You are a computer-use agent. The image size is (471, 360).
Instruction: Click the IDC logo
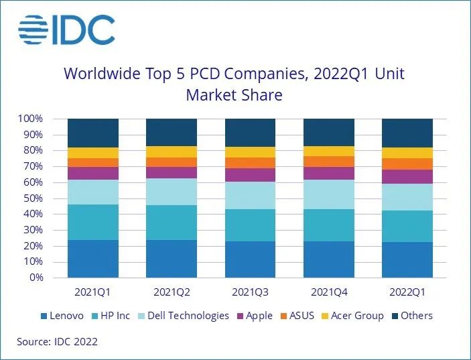tap(66, 30)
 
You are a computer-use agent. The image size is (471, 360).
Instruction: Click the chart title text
tap(234, 84)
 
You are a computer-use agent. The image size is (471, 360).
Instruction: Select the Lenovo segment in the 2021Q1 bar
tap(93, 259)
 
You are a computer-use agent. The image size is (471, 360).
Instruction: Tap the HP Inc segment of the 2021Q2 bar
tap(172, 223)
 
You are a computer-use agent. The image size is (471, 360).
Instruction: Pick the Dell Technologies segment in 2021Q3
tap(250, 195)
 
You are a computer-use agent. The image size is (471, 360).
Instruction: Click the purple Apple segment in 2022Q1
tap(407, 176)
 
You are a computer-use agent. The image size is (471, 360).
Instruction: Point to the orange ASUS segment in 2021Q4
tap(328, 162)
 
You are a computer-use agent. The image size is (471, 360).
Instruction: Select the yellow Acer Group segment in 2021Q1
tap(93, 153)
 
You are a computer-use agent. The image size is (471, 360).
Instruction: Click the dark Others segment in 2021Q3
tap(250, 133)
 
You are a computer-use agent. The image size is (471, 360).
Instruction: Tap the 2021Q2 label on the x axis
tap(172, 292)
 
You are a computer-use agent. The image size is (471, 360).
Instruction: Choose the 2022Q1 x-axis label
tap(407, 292)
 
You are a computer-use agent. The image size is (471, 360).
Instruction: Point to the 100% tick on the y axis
tap(31, 119)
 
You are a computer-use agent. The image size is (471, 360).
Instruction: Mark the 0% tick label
tap(36, 278)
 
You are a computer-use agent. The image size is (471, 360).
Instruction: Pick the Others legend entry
tap(411, 316)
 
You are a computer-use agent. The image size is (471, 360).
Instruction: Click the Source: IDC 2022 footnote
tap(58, 342)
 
